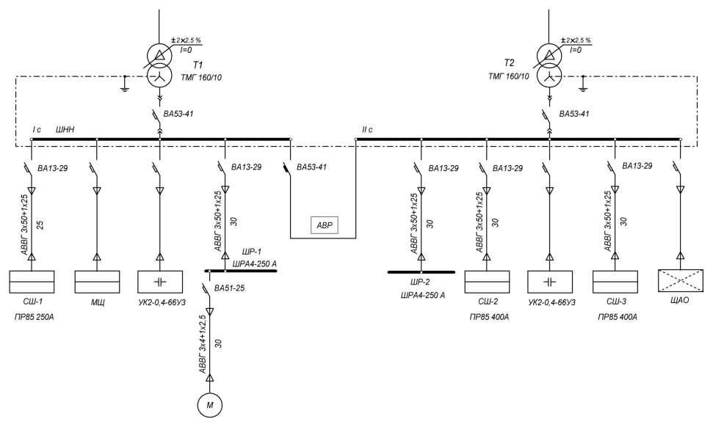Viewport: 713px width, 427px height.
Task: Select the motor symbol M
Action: click(209, 404)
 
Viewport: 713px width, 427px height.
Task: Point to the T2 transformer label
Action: click(510, 65)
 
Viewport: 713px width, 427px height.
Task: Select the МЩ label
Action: click(98, 303)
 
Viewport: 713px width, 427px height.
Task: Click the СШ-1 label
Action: click(32, 303)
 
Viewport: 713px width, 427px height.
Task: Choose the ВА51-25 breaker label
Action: click(229, 288)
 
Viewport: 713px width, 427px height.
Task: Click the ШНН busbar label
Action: click(66, 130)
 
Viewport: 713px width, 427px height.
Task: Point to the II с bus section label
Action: click(368, 130)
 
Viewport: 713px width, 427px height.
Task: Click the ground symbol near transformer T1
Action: click(125, 88)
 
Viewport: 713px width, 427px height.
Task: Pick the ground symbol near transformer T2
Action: click(583, 88)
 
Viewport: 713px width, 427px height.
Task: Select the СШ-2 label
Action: click(488, 303)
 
